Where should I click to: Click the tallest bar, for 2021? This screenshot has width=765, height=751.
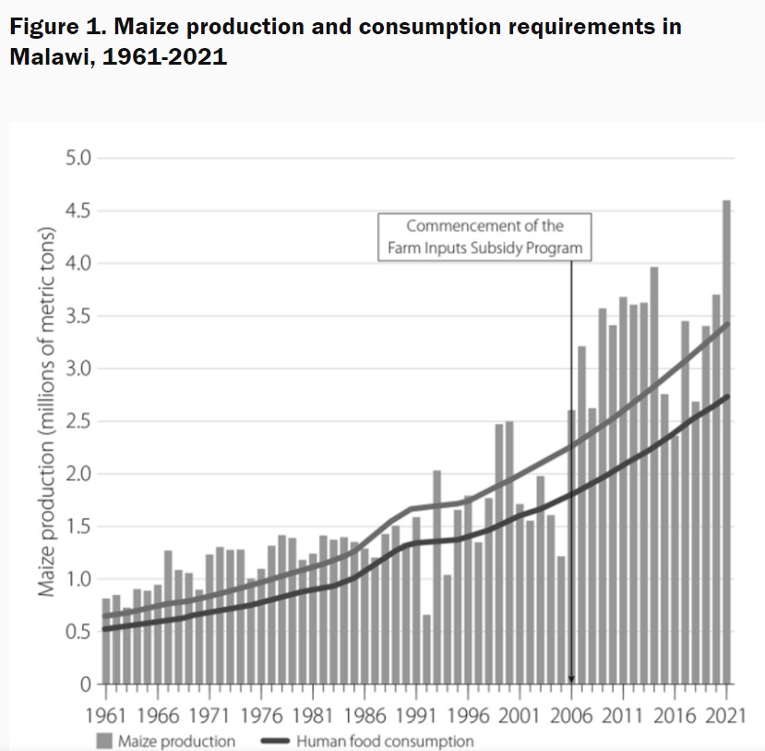(727, 443)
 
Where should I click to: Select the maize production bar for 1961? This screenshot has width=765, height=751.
(106, 642)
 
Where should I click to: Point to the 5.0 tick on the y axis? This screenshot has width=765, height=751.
(79, 159)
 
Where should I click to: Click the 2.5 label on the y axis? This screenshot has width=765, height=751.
(79, 422)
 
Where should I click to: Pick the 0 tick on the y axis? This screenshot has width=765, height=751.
(86, 684)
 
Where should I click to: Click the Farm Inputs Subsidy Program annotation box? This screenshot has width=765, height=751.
(485, 236)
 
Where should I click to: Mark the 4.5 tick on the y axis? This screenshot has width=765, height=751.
(79, 212)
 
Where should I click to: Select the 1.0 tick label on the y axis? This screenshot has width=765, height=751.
(79, 579)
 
